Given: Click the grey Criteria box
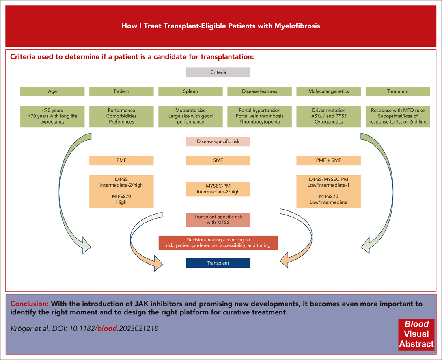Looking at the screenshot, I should pos(218,72).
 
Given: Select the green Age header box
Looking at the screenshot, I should pos(52,91).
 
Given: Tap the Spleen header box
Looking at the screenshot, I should pos(190,91).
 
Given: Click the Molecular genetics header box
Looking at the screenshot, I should pos(328,91).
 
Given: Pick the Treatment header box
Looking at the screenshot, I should pos(398,91).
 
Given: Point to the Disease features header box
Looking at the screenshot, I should pos(259,91).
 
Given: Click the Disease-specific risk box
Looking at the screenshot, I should pos(218,141).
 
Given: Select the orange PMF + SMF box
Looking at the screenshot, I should pos(328,160).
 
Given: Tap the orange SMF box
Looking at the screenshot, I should pos(218,160).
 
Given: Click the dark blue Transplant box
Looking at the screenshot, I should pos(218,263).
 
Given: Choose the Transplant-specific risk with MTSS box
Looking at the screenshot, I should pos(218,220).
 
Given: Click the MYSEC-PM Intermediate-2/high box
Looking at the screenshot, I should pos(218,189).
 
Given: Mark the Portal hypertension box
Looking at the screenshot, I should pos(259,116).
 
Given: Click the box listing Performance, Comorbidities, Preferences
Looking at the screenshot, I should pos(121,116).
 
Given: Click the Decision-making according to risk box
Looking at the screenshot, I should pos(218,242).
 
